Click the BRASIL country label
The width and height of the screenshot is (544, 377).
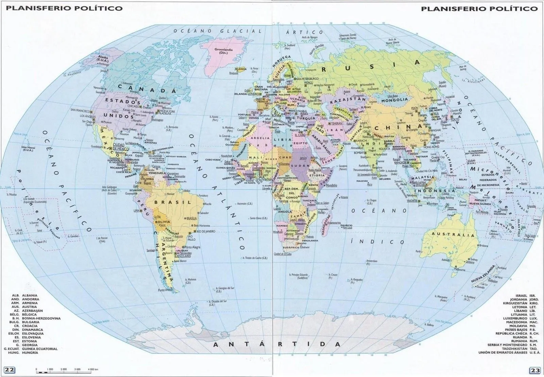tap(173, 202)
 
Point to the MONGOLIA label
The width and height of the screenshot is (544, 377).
tap(394, 100)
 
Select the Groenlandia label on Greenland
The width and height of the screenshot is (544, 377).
tap(223, 51)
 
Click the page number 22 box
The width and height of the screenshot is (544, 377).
tap(10, 370)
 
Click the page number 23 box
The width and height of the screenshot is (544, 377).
tap(534, 370)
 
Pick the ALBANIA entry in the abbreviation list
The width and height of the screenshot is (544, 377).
tap(24, 295)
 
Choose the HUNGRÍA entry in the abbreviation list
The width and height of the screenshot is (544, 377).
tap(24, 353)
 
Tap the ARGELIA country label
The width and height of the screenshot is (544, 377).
tap(260, 138)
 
